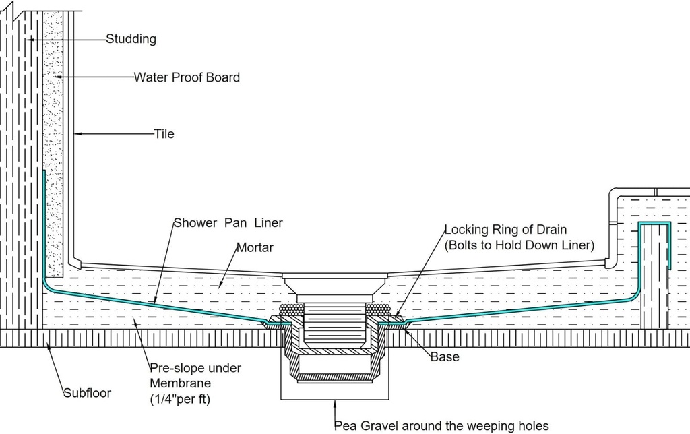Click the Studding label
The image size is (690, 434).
click(x=131, y=39)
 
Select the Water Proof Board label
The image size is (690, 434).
click(x=187, y=77)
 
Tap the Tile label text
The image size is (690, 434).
click(x=164, y=134)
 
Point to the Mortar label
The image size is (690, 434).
click(x=254, y=247)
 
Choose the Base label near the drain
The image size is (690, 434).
click(x=445, y=356)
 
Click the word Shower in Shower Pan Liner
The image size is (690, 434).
click(x=195, y=223)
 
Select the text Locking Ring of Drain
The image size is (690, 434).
click(x=505, y=230)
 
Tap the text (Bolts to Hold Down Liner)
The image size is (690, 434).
click(x=520, y=246)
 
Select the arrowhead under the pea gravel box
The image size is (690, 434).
click(x=335, y=404)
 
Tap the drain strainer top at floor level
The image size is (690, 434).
click(x=335, y=278)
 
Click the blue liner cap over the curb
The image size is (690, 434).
click(x=655, y=223)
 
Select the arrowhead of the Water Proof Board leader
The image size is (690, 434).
click(x=57, y=77)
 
